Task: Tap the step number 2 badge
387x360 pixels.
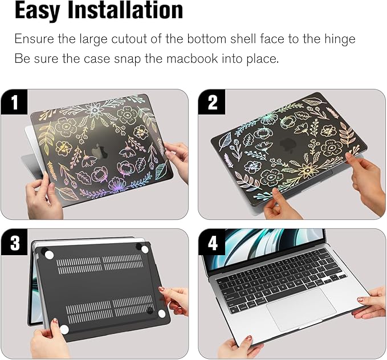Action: click(212, 103)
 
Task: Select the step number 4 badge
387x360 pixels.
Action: click(213, 243)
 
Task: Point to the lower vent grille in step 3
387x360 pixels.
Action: click(106, 310)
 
